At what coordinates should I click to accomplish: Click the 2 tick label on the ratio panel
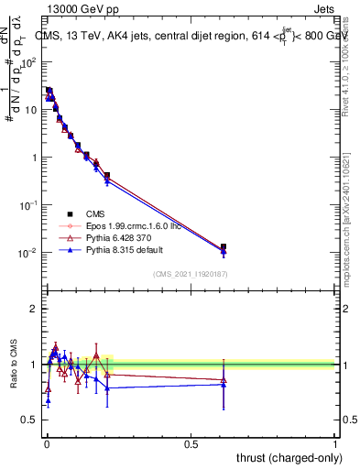[34, 309]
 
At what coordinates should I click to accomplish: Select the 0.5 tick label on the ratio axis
[29, 420]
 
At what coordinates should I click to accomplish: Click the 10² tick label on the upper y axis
[28, 62]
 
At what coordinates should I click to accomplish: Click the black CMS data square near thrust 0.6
[224, 246]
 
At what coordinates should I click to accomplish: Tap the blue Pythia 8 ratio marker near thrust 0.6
[224, 385]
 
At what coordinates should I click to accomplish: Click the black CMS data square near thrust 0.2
[107, 175]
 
